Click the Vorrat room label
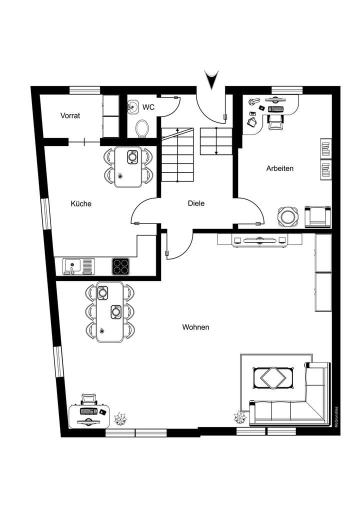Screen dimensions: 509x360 70,115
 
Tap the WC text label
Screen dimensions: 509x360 148,107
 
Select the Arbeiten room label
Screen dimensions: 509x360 279,168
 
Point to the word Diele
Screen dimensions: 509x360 196,203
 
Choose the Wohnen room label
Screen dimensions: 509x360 195,327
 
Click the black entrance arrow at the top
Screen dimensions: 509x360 211,80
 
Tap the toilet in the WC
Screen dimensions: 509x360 142,127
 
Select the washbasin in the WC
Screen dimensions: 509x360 133,106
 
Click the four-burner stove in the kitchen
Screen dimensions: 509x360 120,266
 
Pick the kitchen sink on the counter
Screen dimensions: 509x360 73,266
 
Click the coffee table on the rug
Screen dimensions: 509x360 273,377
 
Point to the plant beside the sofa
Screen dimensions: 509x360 238,416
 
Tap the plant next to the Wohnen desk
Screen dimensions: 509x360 120,418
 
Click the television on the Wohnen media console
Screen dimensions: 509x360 259,239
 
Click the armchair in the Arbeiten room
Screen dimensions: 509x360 317,215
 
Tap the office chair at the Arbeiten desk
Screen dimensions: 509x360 274,121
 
